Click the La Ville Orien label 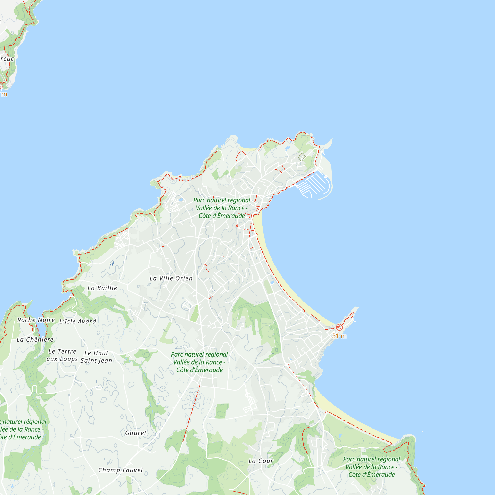(171, 278)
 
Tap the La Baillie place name (102, 288)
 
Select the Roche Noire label (36, 320)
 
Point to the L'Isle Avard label (78, 321)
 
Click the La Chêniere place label (35, 340)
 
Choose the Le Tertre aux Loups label (62, 355)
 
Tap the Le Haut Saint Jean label (96, 357)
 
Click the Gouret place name (136, 433)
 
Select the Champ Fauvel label (121, 470)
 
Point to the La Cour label (261, 461)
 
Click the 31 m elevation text (339, 336)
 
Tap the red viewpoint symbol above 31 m (339, 327)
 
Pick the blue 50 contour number (112, 263)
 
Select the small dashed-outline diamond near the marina (302, 157)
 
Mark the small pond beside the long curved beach (272, 282)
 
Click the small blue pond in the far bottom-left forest (12, 486)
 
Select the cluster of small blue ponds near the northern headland (287, 148)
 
